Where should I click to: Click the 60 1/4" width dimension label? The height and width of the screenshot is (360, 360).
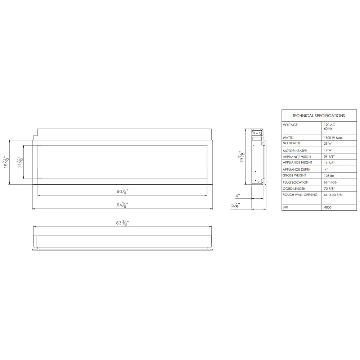[122, 191]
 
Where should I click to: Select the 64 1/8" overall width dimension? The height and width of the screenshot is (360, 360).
[122, 205]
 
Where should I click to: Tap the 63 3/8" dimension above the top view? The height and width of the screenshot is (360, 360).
[122, 223]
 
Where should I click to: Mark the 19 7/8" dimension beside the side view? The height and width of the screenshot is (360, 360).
[242, 157]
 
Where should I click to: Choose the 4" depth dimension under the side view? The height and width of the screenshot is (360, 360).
[238, 196]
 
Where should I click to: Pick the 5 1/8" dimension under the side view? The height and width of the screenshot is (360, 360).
[235, 205]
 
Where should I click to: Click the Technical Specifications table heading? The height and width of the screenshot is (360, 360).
[319, 116]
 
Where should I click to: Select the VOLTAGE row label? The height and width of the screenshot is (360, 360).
[290, 125]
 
